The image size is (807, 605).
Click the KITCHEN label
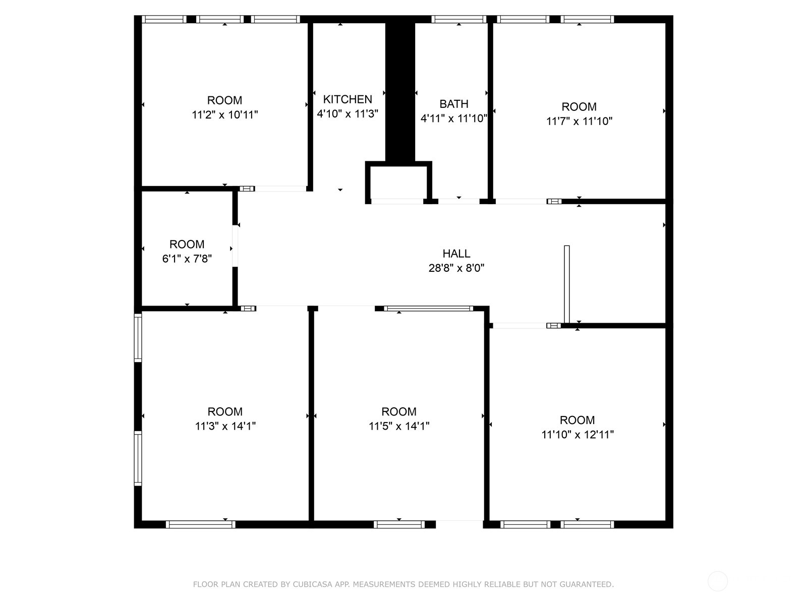click(x=348, y=99)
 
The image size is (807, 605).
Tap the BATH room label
click(x=453, y=104)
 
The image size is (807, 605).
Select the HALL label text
click(x=456, y=254)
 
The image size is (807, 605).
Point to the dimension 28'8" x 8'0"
click(x=456, y=268)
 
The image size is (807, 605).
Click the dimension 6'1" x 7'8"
click(x=187, y=259)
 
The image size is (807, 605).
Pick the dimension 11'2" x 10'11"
click(x=224, y=114)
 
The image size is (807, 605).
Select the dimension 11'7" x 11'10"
click(x=579, y=121)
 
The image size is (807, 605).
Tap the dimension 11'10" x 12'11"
click(x=577, y=434)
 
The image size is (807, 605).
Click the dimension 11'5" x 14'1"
click(x=399, y=426)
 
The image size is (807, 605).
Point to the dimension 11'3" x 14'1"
click(x=225, y=426)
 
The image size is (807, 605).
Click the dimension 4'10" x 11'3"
click(x=348, y=113)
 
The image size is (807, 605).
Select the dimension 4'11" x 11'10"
click(x=453, y=118)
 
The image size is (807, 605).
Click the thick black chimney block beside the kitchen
click(x=400, y=92)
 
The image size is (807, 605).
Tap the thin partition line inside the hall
click(x=566, y=284)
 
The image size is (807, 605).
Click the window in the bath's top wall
click(x=459, y=19)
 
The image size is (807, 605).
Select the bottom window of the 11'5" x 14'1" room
click(x=399, y=524)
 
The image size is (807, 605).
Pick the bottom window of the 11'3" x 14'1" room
click(x=200, y=524)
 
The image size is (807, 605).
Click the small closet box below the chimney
click(x=398, y=182)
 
